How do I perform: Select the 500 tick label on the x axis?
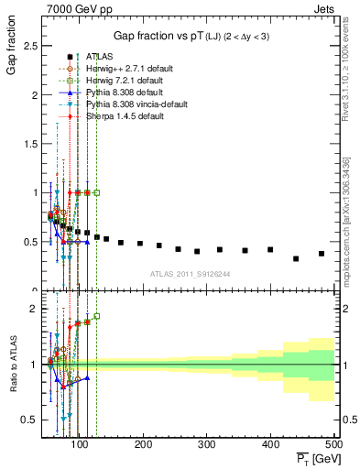pos(334,444)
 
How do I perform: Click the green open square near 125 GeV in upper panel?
pos(97,192)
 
